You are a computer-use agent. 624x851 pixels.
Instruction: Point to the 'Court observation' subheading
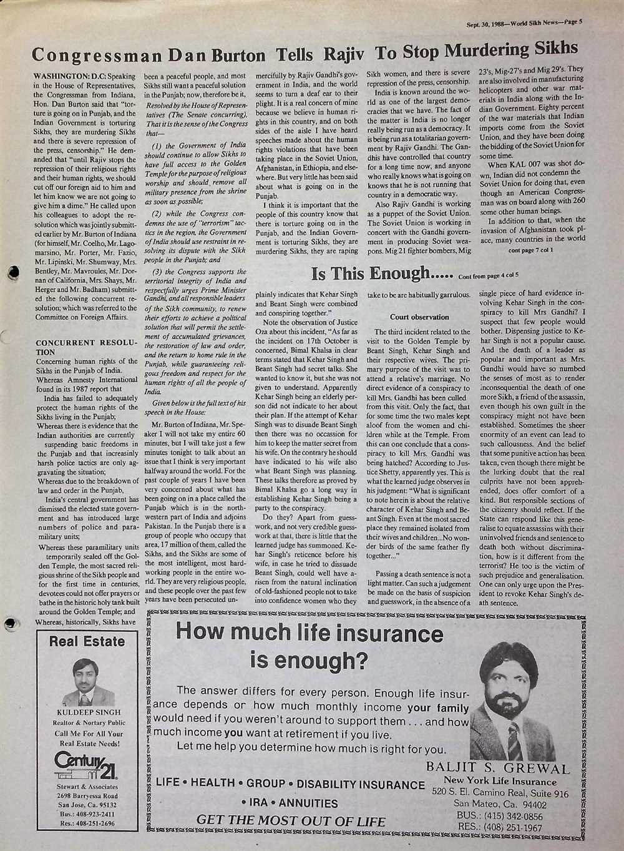(x=419, y=317)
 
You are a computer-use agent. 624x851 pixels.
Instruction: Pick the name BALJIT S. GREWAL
(x=498, y=768)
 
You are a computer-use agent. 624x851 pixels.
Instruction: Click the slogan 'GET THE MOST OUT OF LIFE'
(x=291, y=820)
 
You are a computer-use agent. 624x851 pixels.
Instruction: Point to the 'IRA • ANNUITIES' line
(x=290, y=803)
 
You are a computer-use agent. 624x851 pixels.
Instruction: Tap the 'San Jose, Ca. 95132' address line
(x=87, y=805)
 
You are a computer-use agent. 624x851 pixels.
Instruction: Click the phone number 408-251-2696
(x=87, y=824)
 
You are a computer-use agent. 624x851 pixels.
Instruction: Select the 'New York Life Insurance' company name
(x=500, y=782)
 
